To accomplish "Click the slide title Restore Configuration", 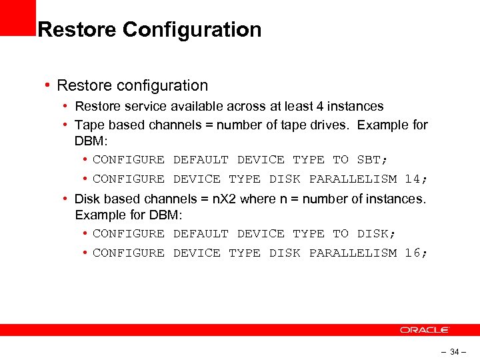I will coord(149,30).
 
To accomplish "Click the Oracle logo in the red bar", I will coord(425,330).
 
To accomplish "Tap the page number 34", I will coord(455,351).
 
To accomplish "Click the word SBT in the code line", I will coord(369,159).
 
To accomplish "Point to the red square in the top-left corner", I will coord(17,17).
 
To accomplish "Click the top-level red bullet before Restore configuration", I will coord(49,85).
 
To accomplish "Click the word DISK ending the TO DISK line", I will coord(373,233).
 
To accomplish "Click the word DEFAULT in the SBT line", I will coord(200,159).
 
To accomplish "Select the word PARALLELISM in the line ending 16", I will coord(353,253).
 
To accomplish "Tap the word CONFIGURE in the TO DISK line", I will coord(128,233).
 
